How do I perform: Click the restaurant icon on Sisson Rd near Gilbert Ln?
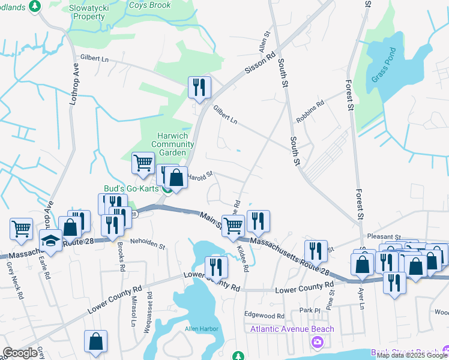(x=197, y=88)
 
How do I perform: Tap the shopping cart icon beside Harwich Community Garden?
(x=143, y=163)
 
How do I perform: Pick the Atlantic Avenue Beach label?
(x=292, y=329)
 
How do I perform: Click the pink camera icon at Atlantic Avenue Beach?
(x=316, y=341)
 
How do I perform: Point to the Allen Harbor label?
(x=200, y=329)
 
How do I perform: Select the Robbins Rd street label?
(x=309, y=111)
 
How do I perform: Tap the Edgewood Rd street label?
(x=264, y=315)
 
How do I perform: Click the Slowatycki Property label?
(x=89, y=11)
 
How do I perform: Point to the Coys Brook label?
(x=150, y=5)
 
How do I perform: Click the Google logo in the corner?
(x=20, y=353)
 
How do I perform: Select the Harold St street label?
(x=200, y=176)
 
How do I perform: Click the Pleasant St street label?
(x=384, y=238)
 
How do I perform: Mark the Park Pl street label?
(x=310, y=310)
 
